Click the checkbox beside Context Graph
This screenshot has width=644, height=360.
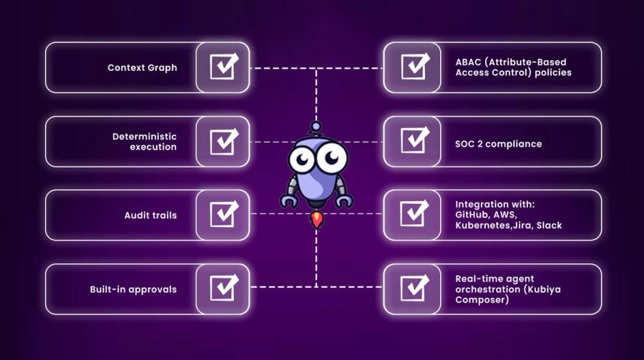point(224,67)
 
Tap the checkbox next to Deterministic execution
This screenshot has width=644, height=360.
point(224,141)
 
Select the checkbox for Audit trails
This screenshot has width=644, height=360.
point(224,215)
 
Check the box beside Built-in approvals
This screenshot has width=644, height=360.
point(224,288)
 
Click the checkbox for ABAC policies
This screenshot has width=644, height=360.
point(414,67)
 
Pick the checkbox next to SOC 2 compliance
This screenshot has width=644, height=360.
point(414,141)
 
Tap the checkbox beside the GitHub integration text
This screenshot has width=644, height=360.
point(414,215)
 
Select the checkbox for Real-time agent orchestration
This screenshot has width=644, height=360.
point(414,288)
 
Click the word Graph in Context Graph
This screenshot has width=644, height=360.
point(163,68)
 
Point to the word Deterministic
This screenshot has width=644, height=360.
point(145,136)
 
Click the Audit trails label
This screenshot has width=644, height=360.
point(150,215)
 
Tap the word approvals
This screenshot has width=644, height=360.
point(154,289)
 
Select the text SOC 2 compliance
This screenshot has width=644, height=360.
point(498,144)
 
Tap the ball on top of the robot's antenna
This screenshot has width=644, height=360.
point(316,127)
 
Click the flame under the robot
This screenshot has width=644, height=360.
point(316,220)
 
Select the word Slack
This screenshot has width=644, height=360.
point(549,225)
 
